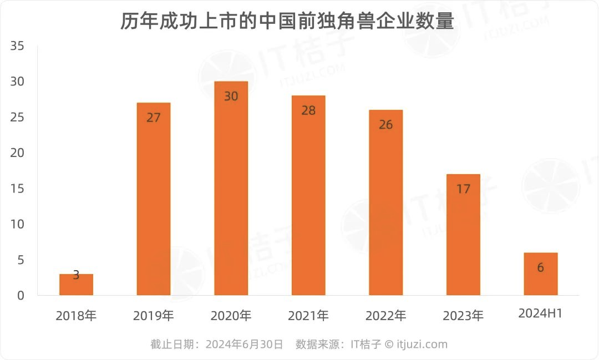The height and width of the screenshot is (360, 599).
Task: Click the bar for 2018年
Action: click(76, 285)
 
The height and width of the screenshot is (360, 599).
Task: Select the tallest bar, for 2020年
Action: click(231, 189)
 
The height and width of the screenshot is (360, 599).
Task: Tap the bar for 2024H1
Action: click(540, 274)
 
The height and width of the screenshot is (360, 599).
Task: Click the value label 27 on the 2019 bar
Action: click(154, 118)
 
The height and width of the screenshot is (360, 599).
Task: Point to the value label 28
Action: click(308, 110)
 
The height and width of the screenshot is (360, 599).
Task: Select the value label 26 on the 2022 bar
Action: click(385, 125)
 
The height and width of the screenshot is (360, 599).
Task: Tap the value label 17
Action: click(463, 189)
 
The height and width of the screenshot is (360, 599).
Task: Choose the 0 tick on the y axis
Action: click(21, 296)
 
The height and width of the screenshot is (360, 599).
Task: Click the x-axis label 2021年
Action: click(308, 316)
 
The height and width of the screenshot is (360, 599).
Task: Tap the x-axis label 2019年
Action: click(154, 316)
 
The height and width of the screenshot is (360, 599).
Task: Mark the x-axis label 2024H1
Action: click(540, 314)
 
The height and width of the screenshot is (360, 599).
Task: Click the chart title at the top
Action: click(287, 22)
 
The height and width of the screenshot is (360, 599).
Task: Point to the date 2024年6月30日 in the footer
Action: click(245, 344)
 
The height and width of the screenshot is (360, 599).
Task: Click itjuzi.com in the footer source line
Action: click(422, 344)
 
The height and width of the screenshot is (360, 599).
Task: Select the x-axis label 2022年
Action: click(385, 316)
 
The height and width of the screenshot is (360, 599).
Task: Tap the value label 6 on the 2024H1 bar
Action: click(540, 268)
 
